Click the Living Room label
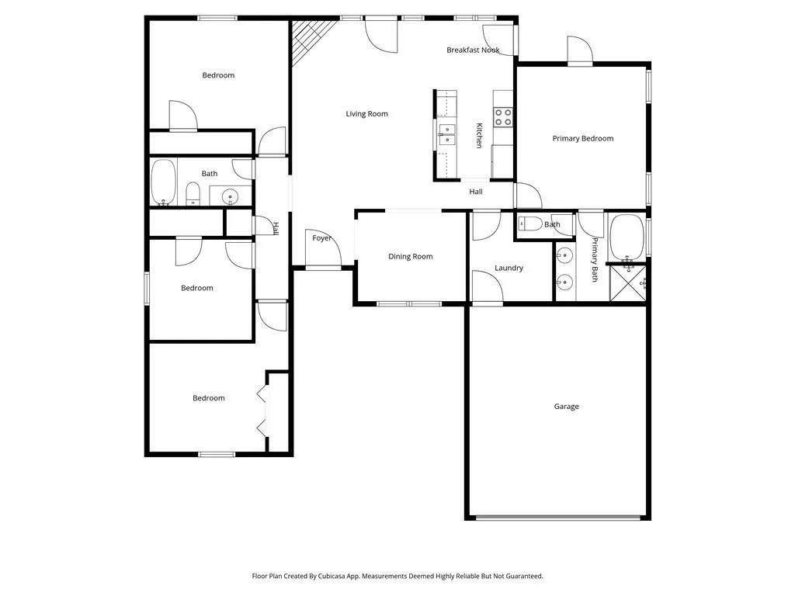click(366, 114)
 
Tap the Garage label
click(566, 407)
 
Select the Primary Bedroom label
click(582, 138)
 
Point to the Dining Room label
click(410, 256)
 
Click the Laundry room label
click(509, 268)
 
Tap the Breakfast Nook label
click(473, 50)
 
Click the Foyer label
click(322, 238)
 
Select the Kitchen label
click(479, 135)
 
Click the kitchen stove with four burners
click(503, 117)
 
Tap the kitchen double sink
click(446, 134)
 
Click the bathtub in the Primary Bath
click(627, 237)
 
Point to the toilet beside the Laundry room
click(531, 223)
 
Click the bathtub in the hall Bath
click(163, 182)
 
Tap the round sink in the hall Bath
click(230, 195)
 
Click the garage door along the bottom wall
click(557, 518)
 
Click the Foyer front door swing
click(323, 248)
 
